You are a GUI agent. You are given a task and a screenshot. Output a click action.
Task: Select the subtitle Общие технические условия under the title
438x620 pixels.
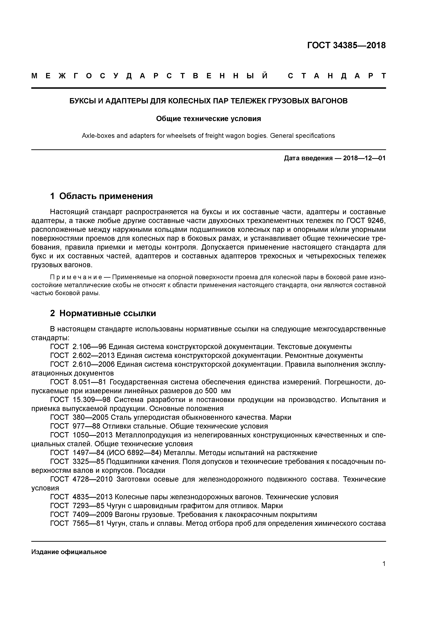point(208,119)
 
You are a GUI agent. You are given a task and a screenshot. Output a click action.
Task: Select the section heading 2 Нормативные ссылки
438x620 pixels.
point(103,313)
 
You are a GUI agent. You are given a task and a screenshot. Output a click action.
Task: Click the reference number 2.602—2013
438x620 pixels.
point(94,356)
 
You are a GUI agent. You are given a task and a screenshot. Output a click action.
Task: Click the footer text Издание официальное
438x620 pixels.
point(69,552)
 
